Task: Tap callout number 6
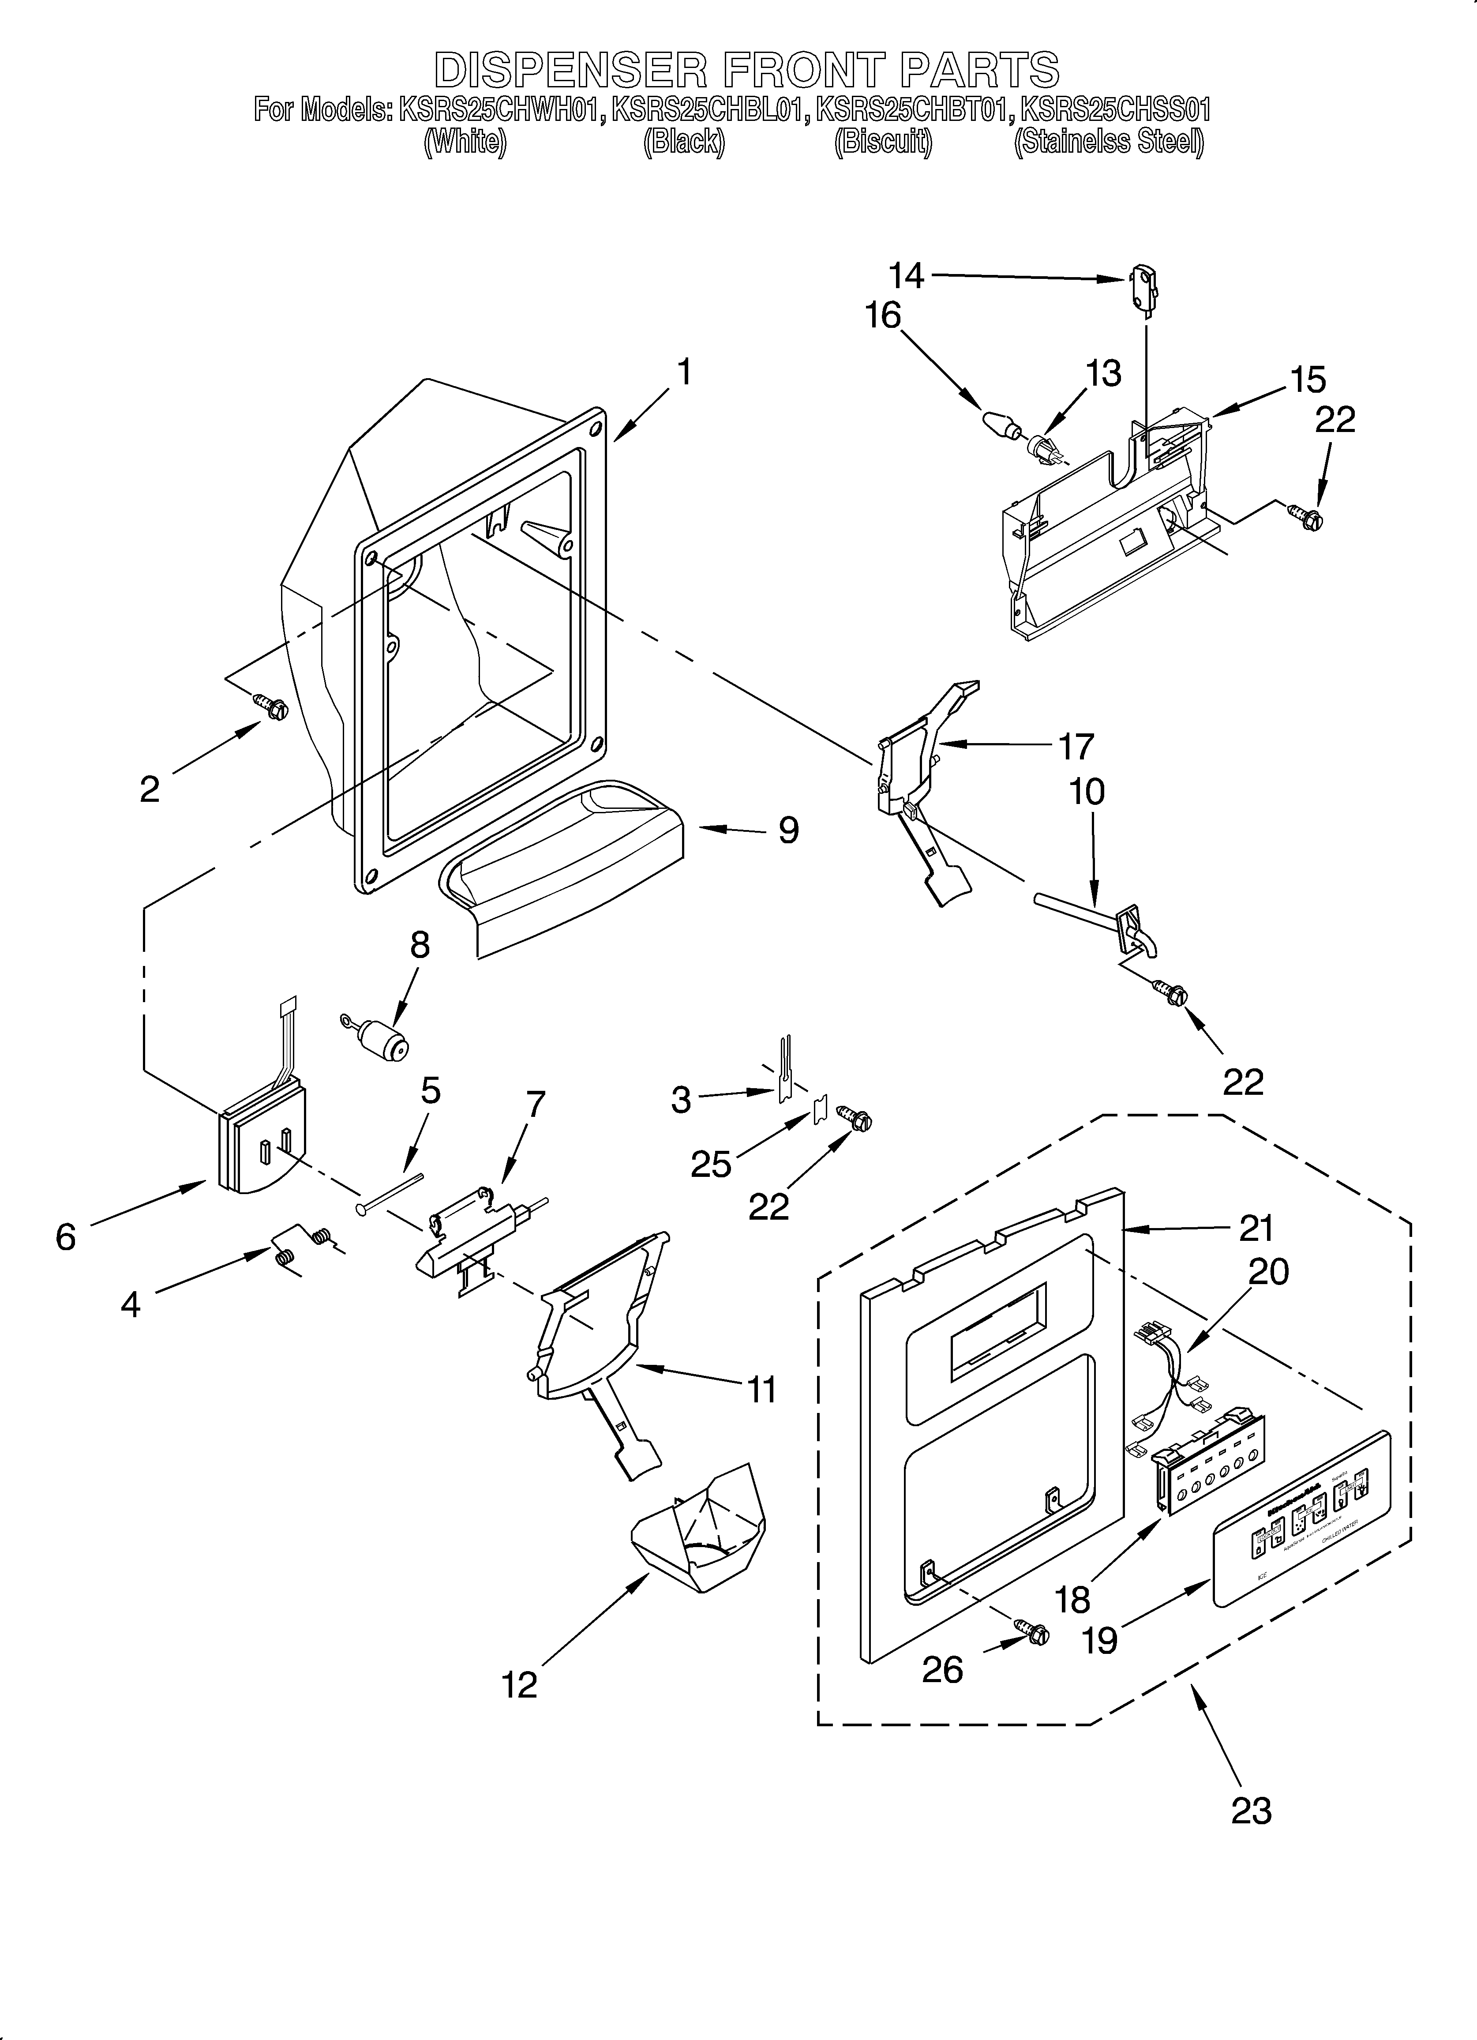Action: click(x=66, y=1238)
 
